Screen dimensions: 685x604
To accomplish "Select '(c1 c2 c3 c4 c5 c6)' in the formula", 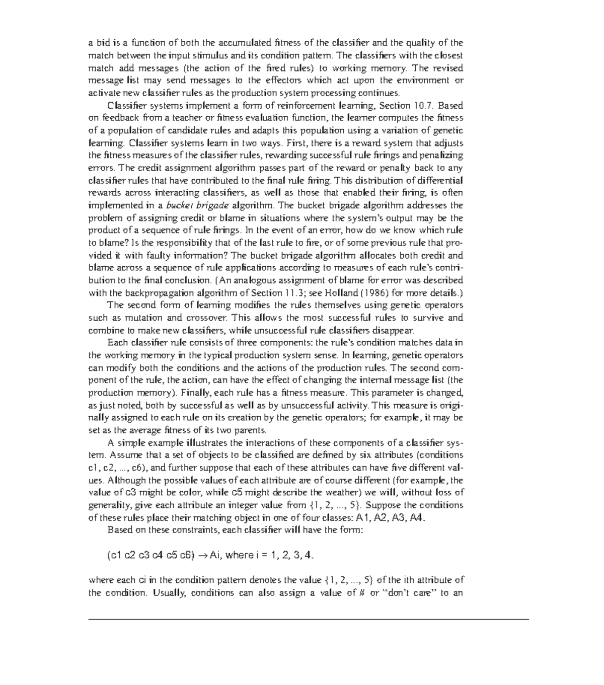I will point(150,555).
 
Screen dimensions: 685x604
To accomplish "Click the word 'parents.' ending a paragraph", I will point(249,430).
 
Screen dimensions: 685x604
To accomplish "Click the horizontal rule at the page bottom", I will point(309,620).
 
